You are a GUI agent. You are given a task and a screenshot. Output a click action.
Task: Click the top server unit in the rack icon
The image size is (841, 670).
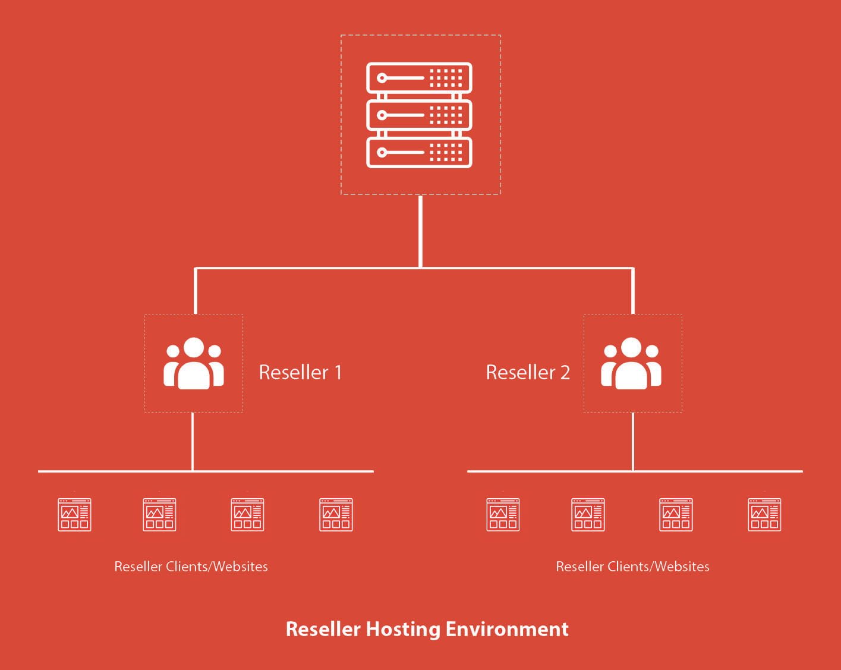tap(419, 77)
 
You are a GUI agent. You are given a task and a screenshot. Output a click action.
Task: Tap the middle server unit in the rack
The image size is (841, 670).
tap(419, 115)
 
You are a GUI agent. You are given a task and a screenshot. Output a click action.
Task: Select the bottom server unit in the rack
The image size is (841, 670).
tap(419, 152)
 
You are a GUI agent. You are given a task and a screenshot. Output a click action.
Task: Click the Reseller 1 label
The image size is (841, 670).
tap(300, 372)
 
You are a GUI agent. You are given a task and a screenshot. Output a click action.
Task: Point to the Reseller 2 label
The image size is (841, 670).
tap(528, 372)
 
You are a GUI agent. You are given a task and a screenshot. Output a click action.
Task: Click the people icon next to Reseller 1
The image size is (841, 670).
tap(194, 363)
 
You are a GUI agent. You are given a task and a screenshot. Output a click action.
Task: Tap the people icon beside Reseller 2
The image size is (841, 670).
tap(631, 363)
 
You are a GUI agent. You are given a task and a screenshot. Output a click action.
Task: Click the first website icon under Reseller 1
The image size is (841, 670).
tap(74, 514)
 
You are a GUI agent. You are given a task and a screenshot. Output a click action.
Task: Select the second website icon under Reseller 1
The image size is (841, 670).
tap(159, 514)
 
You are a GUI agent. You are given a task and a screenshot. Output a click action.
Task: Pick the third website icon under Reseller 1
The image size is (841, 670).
tap(247, 514)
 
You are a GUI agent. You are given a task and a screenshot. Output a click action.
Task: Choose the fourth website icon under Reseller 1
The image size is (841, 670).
tap(336, 514)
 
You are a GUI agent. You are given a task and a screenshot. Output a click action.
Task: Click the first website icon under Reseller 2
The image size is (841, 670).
tap(503, 514)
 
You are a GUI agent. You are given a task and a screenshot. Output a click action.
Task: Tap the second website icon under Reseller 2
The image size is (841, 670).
tap(588, 514)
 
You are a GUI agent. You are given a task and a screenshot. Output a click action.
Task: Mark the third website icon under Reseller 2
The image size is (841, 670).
tap(676, 514)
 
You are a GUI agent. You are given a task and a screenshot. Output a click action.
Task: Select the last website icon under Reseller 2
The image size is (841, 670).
tap(764, 514)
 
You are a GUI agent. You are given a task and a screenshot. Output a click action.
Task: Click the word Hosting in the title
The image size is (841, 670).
tap(402, 629)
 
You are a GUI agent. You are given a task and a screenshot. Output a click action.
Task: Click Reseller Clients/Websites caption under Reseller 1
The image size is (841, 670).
tap(191, 567)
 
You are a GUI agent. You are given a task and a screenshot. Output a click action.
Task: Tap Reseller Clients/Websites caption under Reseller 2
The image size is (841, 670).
tap(632, 567)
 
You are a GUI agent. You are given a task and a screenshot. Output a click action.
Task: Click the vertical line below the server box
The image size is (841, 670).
tap(420, 232)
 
